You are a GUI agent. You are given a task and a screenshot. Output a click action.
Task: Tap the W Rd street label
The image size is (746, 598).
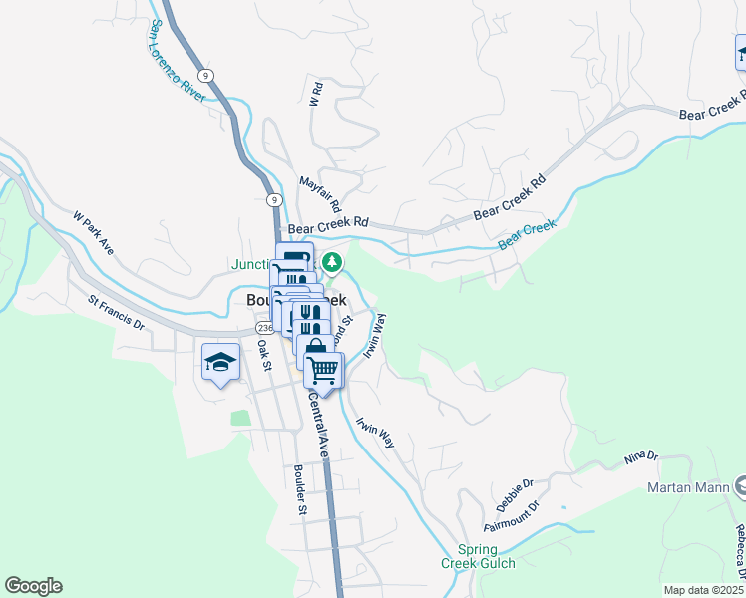click(x=315, y=95)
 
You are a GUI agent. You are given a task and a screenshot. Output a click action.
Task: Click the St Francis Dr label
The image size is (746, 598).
click(x=116, y=312)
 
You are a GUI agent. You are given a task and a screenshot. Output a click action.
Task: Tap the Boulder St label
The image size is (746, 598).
click(x=299, y=489)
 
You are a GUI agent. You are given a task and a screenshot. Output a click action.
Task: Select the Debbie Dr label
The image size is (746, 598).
click(x=514, y=490)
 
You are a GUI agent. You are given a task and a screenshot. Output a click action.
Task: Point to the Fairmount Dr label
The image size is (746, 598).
click(x=511, y=516)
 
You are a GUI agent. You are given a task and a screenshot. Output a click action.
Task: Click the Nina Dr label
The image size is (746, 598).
click(x=642, y=457)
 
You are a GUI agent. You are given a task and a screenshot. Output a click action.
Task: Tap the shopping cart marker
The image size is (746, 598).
click(x=323, y=370)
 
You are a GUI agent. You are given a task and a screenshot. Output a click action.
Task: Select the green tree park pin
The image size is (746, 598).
click(x=333, y=263)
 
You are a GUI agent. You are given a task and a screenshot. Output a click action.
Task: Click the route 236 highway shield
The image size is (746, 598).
click(x=264, y=327)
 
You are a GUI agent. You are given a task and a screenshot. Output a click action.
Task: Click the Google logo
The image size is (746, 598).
click(x=33, y=586)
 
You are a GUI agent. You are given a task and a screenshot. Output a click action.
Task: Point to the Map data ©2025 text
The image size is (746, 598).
click(x=704, y=590)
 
